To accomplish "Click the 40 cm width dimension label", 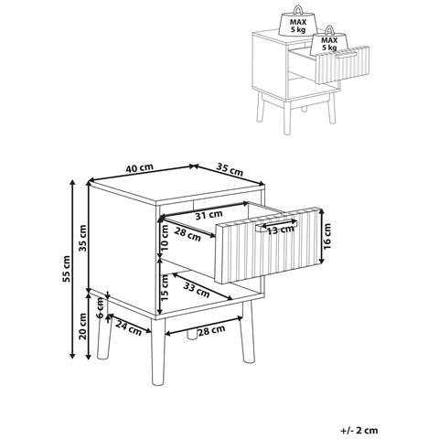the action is click(139, 168).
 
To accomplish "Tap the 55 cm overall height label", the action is click(67, 269).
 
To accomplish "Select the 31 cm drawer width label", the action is click(209, 215).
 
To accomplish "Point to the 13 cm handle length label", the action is click(281, 230).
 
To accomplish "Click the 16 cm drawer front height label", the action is click(327, 237).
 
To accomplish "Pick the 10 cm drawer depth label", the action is click(165, 238).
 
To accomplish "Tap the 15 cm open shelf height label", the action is click(165, 287).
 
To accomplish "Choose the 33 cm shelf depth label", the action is click(197, 290).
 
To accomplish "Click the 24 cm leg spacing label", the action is click(129, 328).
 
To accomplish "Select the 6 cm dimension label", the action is click(100, 308).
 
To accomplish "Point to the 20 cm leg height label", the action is click(82, 327).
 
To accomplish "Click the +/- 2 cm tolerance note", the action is click(359, 430).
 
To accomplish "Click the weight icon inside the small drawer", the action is click(329, 40).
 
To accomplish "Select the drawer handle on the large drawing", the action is click(276, 225).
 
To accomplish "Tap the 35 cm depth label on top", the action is click(230, 170).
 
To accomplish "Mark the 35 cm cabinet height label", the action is click(82, 238).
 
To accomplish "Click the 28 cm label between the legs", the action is click(211, 330).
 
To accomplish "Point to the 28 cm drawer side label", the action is click(187, 234).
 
